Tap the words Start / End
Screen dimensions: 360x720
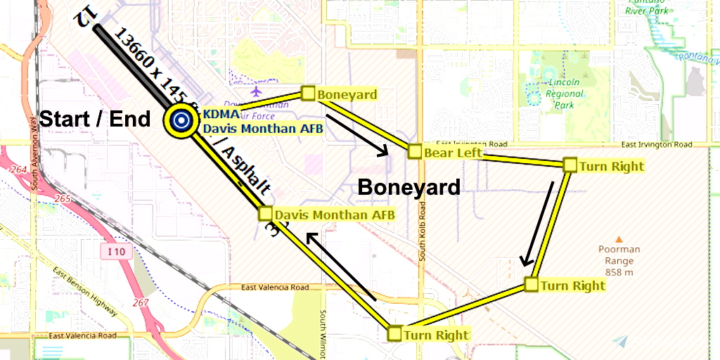click(95, 119)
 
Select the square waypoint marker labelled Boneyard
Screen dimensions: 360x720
click(307, 93)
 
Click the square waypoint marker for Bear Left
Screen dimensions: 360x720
click(414, 151)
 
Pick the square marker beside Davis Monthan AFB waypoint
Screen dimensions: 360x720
click(266, 213)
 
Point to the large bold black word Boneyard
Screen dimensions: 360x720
click(409, 187)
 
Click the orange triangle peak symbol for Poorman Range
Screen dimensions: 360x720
click(619, 240)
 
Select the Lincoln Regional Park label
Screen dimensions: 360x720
click(564, 94)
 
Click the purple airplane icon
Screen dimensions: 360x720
click(255, 92)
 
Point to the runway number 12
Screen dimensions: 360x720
click(83, 17)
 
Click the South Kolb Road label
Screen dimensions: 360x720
click(423, 232)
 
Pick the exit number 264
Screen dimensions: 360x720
click(19, 170)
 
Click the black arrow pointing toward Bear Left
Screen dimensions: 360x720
click(358, 134)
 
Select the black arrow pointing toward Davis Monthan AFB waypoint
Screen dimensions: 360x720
click(342, 267)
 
